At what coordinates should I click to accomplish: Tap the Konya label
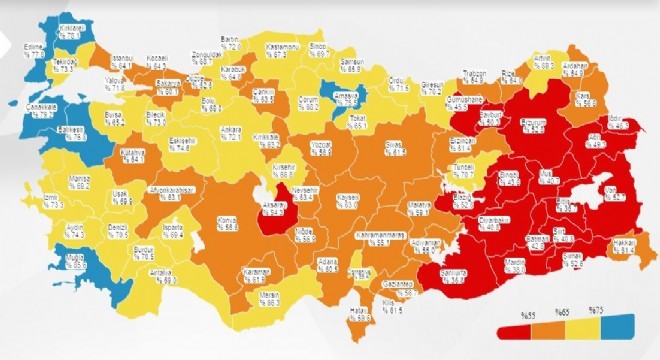tap(227, 226)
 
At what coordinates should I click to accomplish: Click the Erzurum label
tap(532, 126)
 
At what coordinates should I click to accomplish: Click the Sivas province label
tap(398, 150)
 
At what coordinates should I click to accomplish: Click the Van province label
tap(616, 195)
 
